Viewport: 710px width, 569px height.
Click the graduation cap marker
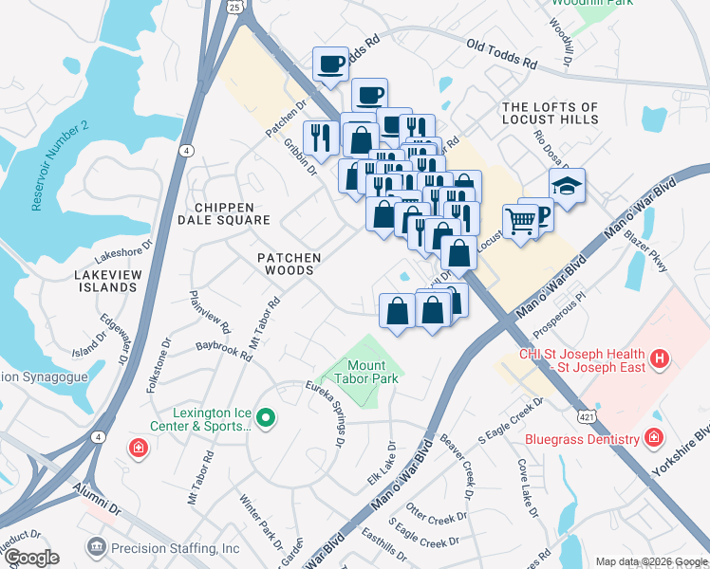pyautogui.click(x=567, y=186)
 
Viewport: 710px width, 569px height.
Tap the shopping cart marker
pyautogui.click(x=520, y=222)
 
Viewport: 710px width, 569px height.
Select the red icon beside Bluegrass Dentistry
pyautogui.click(x=653, y=438)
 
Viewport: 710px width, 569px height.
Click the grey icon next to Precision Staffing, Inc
pyautogui.click(x=96, y=547)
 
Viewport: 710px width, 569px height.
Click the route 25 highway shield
pyautogui.click(x=235, y=5)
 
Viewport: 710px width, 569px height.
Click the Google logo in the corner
pyautogui.click(x=31, y=558)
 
